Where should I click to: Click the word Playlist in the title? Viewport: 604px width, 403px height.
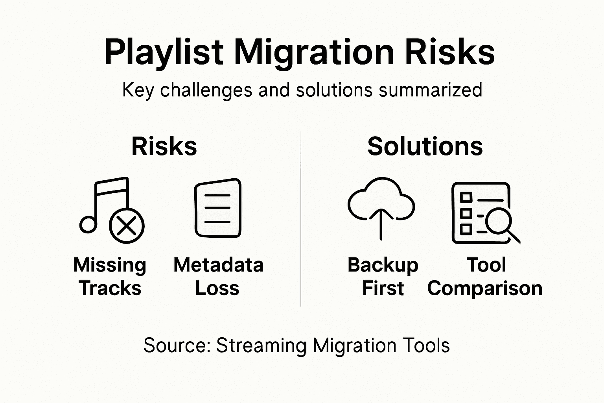164,52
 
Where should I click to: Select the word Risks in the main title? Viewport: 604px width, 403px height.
449,52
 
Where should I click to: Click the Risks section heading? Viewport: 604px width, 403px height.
164,146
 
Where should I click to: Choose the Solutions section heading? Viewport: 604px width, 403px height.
425,146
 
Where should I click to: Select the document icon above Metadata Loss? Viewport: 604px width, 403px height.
218,208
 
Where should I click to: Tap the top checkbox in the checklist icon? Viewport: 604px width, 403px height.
466,197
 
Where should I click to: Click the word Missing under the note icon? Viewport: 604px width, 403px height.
110,265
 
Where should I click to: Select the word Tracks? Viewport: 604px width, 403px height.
110,288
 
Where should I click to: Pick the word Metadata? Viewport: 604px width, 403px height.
218,265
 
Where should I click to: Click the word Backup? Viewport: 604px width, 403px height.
383,265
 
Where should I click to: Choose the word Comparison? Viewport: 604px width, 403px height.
485,288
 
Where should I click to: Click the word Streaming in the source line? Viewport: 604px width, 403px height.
261,346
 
